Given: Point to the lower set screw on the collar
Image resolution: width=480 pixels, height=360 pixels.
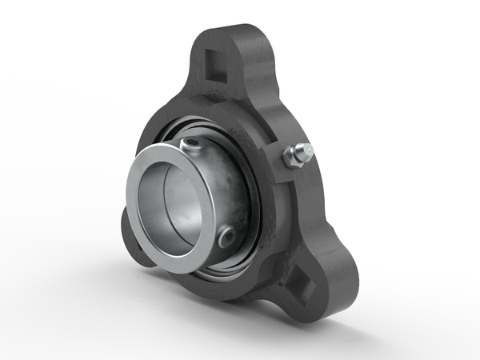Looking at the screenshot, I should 226,238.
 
